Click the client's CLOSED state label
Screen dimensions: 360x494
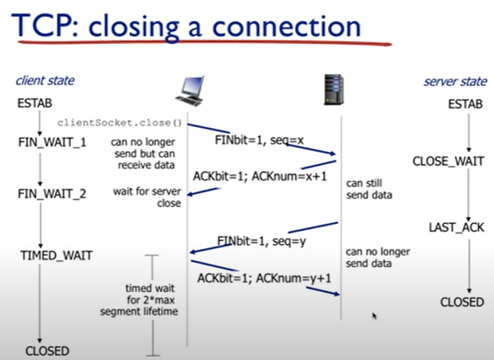(x=47, y=350)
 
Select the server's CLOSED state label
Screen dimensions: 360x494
(x=462, y=302)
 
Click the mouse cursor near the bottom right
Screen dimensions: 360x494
(x=373, y=316)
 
